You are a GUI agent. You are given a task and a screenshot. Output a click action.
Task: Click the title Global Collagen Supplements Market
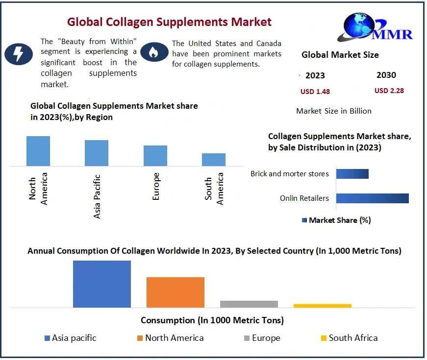(169, 22)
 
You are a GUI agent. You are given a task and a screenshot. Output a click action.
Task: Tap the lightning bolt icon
(19, 53)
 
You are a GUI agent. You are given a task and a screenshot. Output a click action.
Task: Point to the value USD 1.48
(315, 92)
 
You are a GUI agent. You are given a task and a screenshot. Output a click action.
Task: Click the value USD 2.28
(389, 91)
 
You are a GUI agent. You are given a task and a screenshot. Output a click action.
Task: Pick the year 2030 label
(386, 75)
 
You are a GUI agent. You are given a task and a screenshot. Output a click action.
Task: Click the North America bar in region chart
(38, 151)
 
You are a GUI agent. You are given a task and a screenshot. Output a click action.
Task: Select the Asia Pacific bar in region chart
(97, 153)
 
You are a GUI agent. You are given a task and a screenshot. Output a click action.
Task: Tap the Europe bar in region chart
(155, 156)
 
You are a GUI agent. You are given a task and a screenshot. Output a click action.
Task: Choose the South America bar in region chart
(214, 160)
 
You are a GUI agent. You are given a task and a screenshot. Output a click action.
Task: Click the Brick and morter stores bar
(352, 174)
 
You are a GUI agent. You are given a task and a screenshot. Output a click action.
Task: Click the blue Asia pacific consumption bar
(102, 284)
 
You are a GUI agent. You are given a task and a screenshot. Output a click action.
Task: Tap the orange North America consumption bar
(176, 292)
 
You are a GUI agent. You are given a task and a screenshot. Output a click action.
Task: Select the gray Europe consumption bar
(249, 304)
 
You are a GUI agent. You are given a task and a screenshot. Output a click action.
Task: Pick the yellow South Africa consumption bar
(323, 306)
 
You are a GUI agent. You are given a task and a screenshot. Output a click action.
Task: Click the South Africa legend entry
(349, 338)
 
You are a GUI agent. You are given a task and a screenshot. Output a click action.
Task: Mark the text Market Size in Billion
(334, 111)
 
